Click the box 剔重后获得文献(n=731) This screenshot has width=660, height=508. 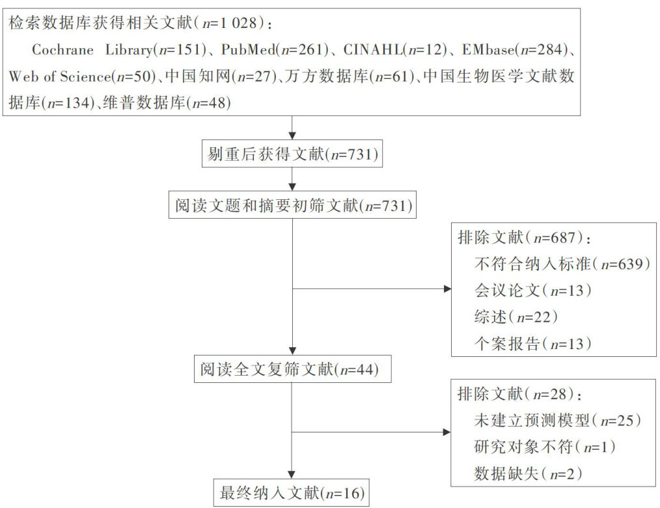tap(291, 154)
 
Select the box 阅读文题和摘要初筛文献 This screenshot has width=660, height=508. tap(291, 206)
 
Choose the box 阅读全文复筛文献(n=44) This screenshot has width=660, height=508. tap(291, 370)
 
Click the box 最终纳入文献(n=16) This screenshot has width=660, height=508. tap(290, 490)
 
